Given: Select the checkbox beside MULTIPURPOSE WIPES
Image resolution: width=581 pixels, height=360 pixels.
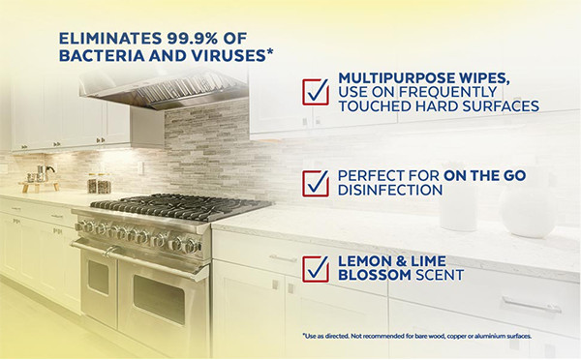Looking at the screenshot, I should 316,91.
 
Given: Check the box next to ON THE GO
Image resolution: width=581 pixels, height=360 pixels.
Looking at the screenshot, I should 316,182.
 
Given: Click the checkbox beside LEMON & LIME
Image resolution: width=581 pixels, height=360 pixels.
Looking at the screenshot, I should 316,268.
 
